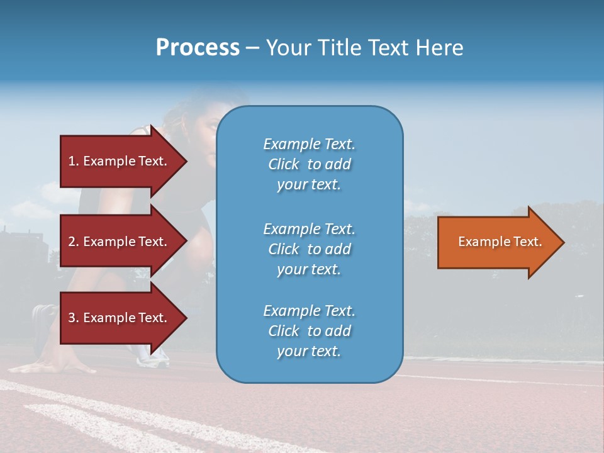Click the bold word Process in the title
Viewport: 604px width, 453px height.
(x=198, y=48)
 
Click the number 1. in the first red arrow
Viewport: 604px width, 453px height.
(x=74, y=161)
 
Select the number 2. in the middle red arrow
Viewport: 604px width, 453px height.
(x=74, y=242)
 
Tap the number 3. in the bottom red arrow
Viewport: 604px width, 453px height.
(x=74, y=318)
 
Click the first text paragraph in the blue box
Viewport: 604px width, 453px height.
(x=309, y=164)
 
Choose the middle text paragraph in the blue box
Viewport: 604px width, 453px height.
(x=309, y=249)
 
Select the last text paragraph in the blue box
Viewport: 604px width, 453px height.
(x=309, y=331)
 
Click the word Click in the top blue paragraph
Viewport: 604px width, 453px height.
(x=284, y=164)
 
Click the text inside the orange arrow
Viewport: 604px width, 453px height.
(x=500, y=242)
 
